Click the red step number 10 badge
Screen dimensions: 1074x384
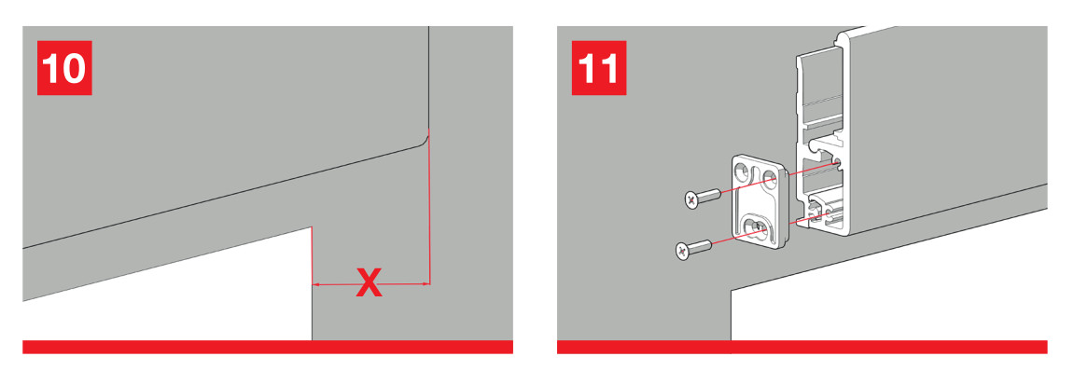tap(64, 68)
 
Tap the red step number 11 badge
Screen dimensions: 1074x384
tap(599, 68)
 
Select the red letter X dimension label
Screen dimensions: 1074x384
tap(370, 282)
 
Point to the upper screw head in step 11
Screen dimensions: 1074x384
tap(691, 200)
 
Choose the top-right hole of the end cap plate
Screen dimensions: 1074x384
tap(769, 179)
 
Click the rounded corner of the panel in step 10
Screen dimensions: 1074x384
tap(423, 141)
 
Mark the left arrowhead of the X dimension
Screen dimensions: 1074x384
tap(315, 283)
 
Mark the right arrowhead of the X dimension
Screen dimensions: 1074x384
tap(425, 283)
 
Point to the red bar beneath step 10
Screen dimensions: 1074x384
tap(268, 347)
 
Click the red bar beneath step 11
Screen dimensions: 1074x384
tap(802, 347)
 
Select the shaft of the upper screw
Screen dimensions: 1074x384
tap(709, 195)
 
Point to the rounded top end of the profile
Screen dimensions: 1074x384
tap(839, 38)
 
